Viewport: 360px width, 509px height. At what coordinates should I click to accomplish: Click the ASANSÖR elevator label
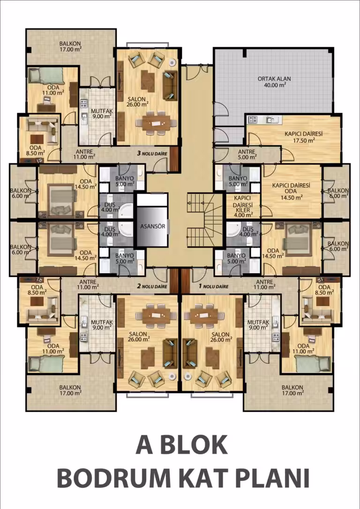[152, 226]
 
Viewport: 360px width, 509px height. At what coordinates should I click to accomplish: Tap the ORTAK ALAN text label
[274, 79]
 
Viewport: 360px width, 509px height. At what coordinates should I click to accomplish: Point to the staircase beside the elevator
[205, 221]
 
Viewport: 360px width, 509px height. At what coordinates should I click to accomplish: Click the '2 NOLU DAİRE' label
[152, 286]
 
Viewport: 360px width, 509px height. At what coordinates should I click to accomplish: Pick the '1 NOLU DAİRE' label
[213, 286]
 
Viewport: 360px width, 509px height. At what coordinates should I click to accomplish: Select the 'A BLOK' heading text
[181, 445]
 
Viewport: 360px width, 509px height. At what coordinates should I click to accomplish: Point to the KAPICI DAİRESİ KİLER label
[243, 204]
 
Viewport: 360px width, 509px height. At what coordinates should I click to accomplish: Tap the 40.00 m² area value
[275, 85]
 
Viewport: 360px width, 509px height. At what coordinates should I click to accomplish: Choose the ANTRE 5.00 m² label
[247, 154]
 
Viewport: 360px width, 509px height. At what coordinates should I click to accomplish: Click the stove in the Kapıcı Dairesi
[253, 120]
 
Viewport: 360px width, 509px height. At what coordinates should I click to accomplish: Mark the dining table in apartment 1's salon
[204, 315]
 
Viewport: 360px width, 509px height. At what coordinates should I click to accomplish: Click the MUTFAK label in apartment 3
[102, 111]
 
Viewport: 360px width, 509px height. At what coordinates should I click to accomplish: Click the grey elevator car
[152, 226]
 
